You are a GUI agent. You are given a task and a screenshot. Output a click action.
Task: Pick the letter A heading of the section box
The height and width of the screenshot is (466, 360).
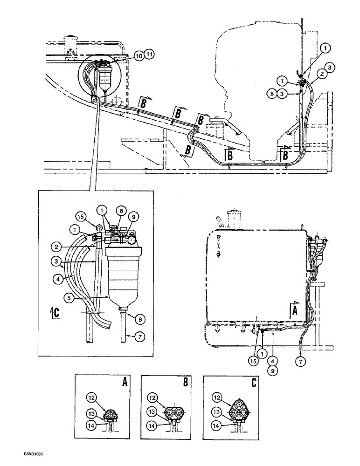point(124,381)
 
